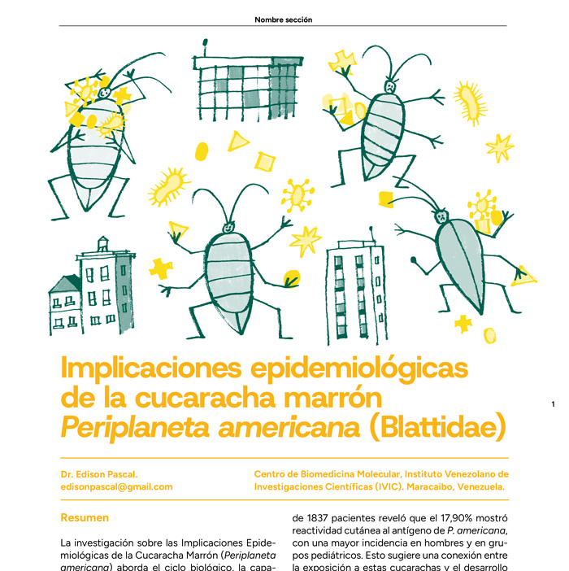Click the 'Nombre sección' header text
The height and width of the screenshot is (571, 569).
coord(284,19)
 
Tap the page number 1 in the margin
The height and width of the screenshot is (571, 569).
coord(553,404)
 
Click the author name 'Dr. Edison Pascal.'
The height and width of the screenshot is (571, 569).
coord(98,473)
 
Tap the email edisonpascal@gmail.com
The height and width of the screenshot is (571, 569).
coord(117,486)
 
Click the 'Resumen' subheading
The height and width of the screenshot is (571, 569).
coord(85,517)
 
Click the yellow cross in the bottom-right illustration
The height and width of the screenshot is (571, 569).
coord(464,325)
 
